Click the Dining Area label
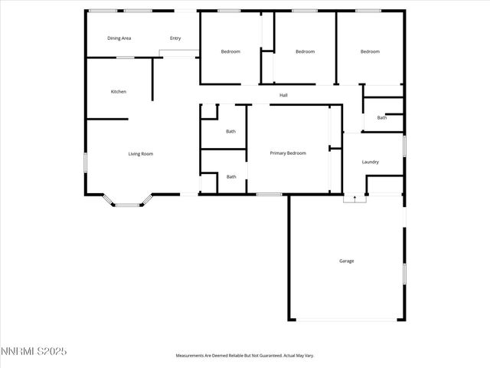[x=119, y=38]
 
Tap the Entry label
[x=175, y=38]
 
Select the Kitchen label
[x=118, y=92]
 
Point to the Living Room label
[x=141, y=154]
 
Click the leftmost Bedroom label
[x=230, y=51]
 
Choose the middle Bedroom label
[x=305, y=51]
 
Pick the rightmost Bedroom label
[x=370, y=51]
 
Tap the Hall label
[x=283, y=95]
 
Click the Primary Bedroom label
[x=288, y=153]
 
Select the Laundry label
[x=371, y=162]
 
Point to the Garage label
[x=347, y=261]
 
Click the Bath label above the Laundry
[x=381, y=117]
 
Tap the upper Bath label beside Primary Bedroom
[x=230, y=131]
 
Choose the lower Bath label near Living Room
[x=230, y=177]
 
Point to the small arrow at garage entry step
[x=354, y=198]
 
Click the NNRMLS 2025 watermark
[x=34, y=351]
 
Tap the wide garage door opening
[x=347, y=320]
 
